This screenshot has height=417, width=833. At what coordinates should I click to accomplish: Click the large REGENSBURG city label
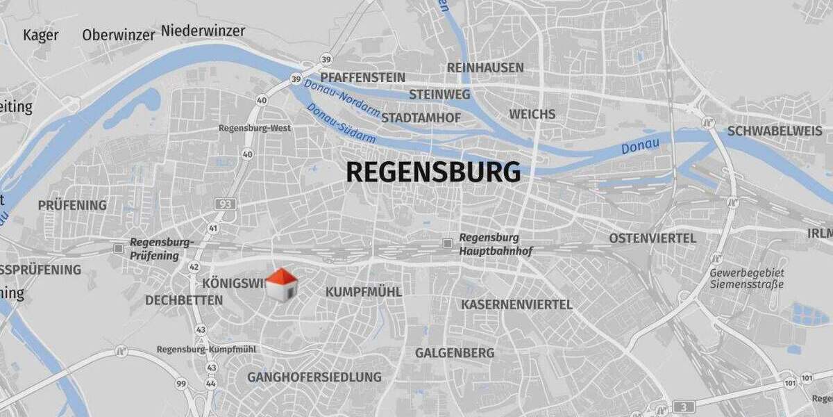(433, 172)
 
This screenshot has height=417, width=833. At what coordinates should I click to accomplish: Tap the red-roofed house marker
(281, 285)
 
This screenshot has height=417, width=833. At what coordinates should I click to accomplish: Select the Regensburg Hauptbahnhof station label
(495, 244)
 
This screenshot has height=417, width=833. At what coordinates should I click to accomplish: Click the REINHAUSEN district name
(485, 67)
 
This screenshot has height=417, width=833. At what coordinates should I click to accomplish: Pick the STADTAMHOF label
(421, 118)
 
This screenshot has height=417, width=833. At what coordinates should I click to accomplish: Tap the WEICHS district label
(532, 114)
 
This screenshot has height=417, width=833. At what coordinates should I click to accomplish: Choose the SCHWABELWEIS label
(775, 131)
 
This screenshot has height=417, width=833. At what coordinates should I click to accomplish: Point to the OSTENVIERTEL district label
(653, 238)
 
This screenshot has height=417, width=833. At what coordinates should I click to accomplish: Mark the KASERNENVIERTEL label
(516, 304)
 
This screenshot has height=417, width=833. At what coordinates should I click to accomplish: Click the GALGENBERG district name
(455, 353)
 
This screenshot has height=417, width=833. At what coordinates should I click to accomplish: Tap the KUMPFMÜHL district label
(363, 292)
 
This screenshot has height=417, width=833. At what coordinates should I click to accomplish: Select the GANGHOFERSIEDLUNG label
(314, 377)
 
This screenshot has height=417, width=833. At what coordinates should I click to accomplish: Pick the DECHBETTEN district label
(184, 300)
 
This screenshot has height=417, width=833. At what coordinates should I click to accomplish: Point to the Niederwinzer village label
(203, 31)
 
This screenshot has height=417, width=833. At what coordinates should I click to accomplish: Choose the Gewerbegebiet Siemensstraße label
(746, 278)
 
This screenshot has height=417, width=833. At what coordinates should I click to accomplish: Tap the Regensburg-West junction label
(255, 128)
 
